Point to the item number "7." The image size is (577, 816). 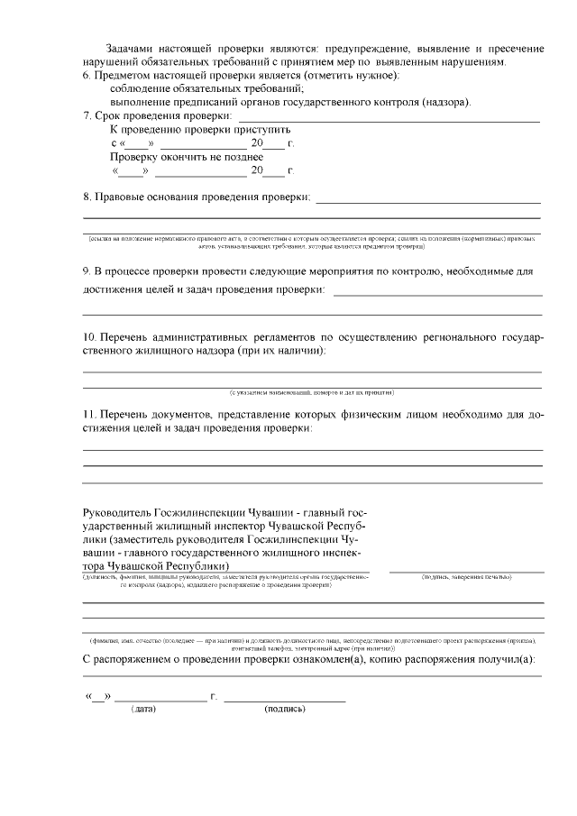[87, 115]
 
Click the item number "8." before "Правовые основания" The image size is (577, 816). [87, 197]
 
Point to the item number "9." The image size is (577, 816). [87, 270]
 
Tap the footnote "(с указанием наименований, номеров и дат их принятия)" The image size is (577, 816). [311, 393]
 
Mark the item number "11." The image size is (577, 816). [90, 414]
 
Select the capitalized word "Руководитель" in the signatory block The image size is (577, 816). [116, 510]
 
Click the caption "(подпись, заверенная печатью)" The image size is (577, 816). [466, 576]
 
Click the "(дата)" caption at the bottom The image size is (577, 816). [144, 710]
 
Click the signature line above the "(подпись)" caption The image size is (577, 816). [284, 701]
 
